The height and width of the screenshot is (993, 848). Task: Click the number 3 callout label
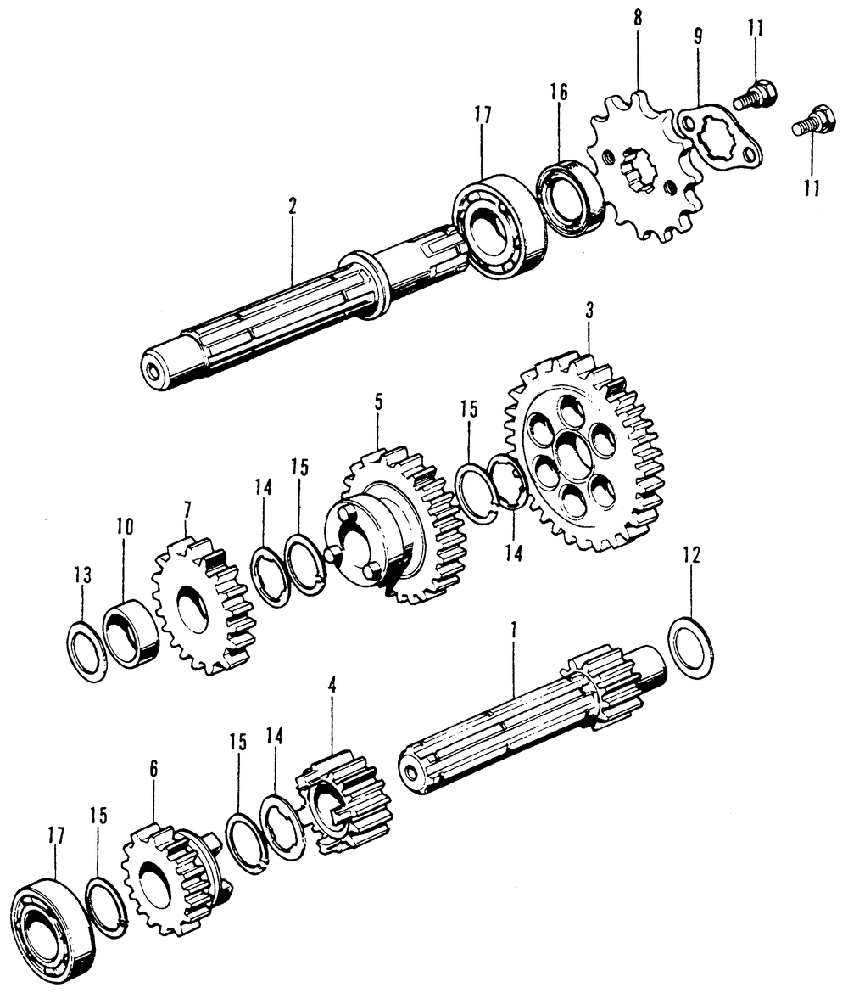[589, 311]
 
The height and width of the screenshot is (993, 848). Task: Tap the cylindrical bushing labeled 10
[131, 631]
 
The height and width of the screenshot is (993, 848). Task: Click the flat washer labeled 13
[86, 651]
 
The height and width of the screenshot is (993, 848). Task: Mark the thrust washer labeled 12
[690, 649]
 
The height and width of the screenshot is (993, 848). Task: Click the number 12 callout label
[691, 556]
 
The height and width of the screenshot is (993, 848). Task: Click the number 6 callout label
[153, 770]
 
